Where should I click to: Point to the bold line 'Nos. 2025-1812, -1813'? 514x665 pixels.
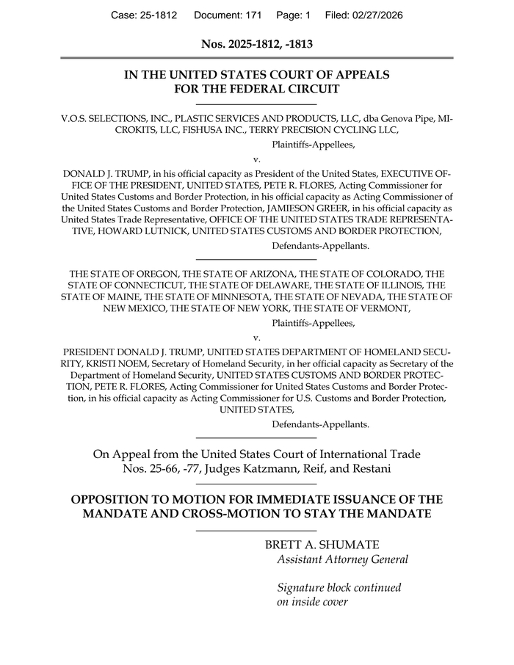click(257, 44)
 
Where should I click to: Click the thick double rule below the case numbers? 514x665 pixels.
click(257, 58)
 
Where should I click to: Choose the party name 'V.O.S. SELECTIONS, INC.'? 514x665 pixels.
click(114, 117)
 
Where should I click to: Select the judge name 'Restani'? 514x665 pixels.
click(369, 468)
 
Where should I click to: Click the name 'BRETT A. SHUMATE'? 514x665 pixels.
click(322, 545)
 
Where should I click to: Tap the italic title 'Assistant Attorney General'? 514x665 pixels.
click(342, 559)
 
